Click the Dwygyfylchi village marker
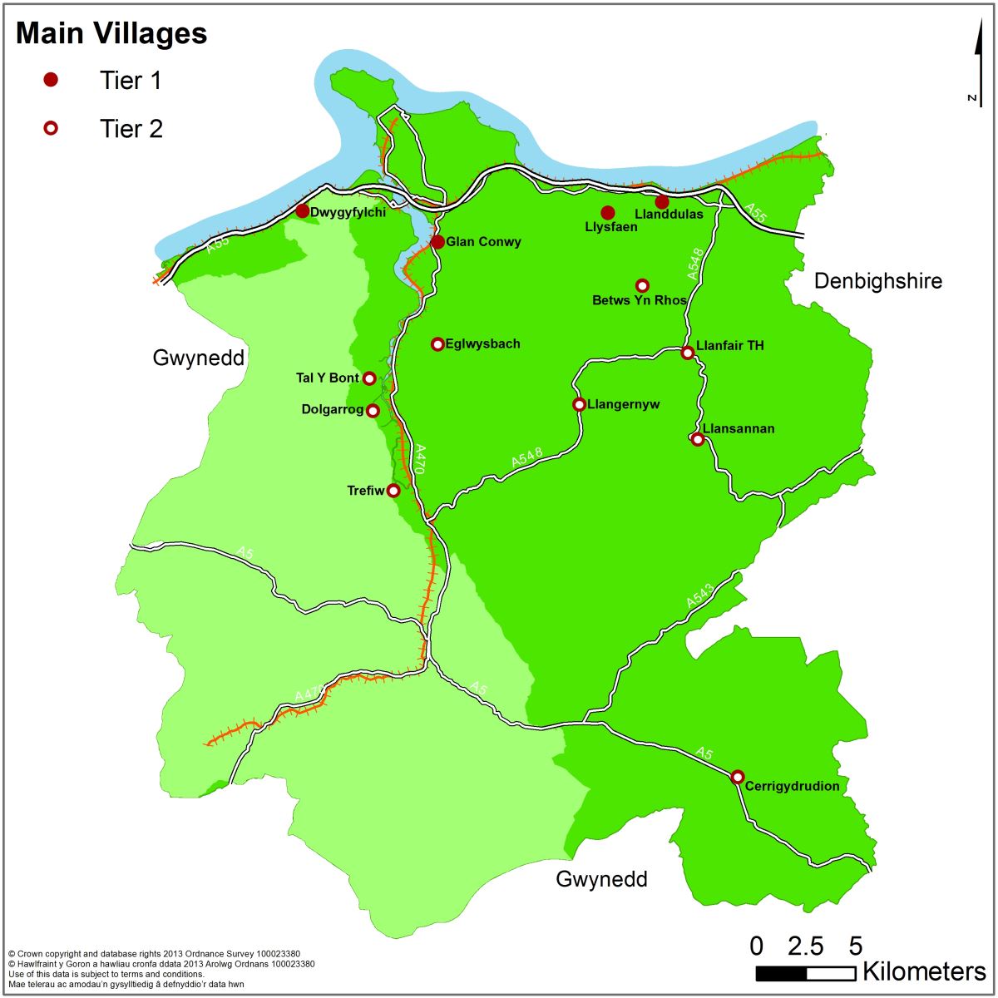(302, 211)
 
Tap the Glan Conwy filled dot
(437, 242)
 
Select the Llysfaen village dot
(608, 213)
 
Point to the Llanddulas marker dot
(662, 202)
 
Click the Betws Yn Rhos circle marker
(642, 285)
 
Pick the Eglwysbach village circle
(437, 344)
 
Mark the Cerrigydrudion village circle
(738, 777)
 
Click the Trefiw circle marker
(393, 491)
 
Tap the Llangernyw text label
(624, 405)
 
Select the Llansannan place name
(739, 429)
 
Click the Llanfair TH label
(730, 346)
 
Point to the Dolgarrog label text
(333, 410)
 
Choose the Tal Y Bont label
(328, 378)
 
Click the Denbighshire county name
(878, 281)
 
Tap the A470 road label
(421, 459)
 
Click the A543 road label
(700, 595)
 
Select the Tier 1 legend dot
(52, 80)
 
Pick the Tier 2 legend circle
(52, 128)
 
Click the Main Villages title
(111, 34)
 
